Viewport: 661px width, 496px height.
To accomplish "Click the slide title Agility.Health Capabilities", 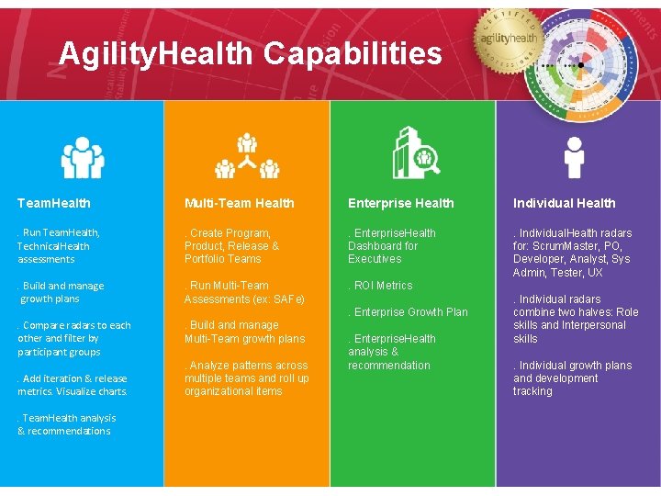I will tap(250, 54).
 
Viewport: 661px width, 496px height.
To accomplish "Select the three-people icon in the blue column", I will tap(83, 157).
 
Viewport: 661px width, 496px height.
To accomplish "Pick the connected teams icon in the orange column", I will tap(247, 156).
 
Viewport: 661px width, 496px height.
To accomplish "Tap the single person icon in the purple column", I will tap(575, 157).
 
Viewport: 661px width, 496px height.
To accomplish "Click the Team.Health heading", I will tap(54, 203).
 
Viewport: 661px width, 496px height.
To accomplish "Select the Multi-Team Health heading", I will tap(240, 203).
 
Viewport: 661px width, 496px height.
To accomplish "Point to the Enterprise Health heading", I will tap(401, 203).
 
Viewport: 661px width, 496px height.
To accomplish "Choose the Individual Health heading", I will tap(565, 203).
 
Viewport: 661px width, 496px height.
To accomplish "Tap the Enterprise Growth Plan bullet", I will tap(409, 312).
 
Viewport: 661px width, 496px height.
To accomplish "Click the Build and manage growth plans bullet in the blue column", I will tap(62, 292).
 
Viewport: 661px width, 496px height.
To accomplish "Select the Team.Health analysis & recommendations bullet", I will tap(64, 424).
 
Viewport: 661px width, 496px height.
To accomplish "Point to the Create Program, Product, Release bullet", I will tap(232, 246).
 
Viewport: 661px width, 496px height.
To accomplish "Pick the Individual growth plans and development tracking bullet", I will tap(572, 378).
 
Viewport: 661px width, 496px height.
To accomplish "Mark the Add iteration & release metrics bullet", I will tap(73, 385).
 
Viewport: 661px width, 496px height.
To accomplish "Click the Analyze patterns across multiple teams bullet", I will tap(246, 378).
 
